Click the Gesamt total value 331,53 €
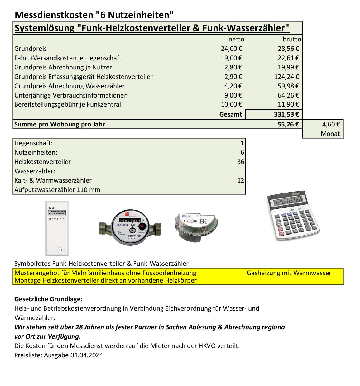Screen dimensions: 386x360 coord(286,114)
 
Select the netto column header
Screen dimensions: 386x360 coord(236,39)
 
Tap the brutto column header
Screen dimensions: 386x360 coord(292,39)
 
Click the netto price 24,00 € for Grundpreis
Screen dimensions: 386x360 coord(232,49)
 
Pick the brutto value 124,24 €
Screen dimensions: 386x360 coord(288,77)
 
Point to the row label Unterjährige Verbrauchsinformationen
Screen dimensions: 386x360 coord(71,95)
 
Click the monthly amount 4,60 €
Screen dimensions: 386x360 coord(331,124)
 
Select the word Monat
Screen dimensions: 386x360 coord(330,134)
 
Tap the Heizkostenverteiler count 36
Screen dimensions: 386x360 coord(240,162)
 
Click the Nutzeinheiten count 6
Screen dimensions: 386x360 coord(242,152)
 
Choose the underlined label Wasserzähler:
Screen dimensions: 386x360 coord(35,171)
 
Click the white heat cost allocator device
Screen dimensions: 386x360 coord(57,228)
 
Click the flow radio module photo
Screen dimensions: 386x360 coord(196,226)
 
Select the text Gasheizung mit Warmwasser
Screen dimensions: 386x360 coord(289,273)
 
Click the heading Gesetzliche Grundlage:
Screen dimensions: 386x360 coord(49,299)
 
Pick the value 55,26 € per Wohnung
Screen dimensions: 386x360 coord(288,124)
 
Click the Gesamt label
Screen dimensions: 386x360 coord(230,114)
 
